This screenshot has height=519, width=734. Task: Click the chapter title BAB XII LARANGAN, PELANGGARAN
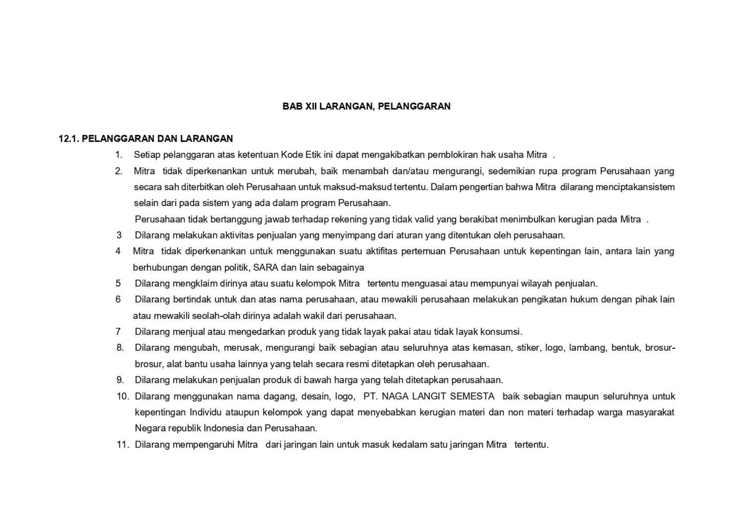pos(366,106)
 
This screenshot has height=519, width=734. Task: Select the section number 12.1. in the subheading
pos(69,139)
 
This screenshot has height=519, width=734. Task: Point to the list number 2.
pos(119,171)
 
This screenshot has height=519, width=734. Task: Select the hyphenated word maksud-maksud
pos(357,187)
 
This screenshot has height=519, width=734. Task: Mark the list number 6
pos(118,300)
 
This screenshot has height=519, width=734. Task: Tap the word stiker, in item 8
pos(528,348)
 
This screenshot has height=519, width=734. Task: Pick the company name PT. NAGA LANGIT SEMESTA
pos(429,396)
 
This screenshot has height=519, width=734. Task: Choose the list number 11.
pos(123,444)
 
